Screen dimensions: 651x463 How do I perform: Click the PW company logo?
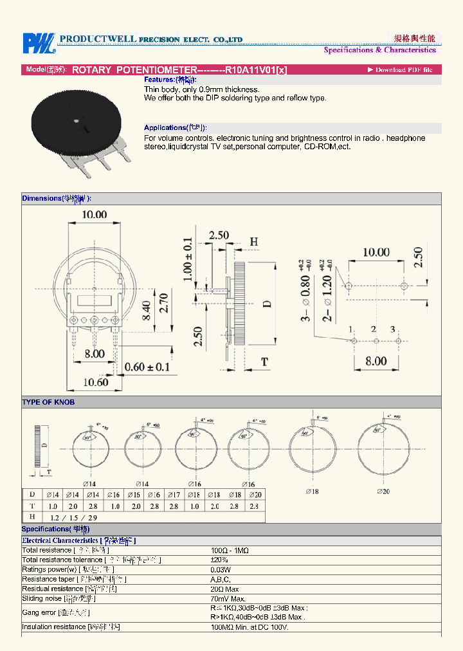pyautogui.click(x=38, y=43)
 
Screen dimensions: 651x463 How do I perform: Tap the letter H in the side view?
pyautogui.click(x=254, y=242)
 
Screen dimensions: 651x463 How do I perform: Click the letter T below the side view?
pyautogui.click(x=264, y=362)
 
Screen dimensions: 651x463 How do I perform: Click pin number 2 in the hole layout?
pyautogui.click(x=374, y=329)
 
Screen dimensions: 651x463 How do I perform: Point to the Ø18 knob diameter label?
pyautogui.click(x=314, y=491)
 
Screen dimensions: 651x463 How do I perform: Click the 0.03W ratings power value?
pyautogui.click(x=221, y=569)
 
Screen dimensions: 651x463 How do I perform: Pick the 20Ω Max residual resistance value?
pyautogui.click(x=225, y=589)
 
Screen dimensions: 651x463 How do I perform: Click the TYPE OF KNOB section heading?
pyautogui.click(x=48, y=402)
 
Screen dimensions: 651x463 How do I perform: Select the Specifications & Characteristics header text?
pyautogui.click(x=379, y=50)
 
